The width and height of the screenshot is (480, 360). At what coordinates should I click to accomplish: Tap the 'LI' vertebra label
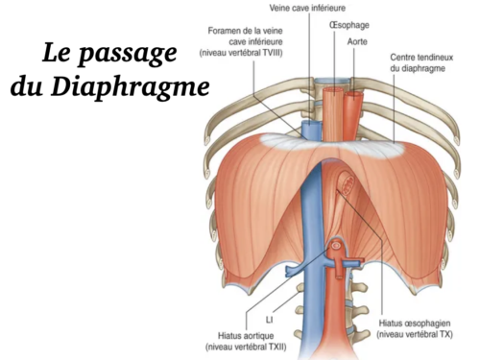click(270, 313)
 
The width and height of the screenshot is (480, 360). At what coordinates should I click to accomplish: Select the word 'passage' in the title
click(133, 51)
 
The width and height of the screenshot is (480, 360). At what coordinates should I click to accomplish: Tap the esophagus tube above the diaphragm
click(335, 106)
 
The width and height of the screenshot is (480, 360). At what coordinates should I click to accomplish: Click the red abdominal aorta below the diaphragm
click(331, 317)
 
